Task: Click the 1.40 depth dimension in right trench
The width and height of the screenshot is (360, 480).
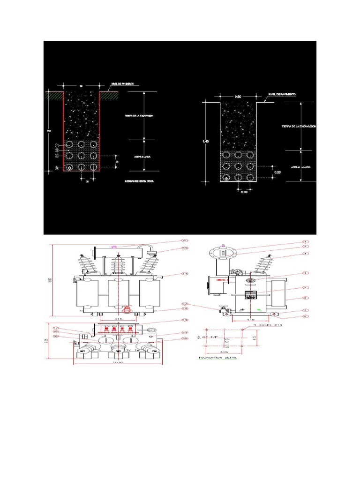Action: point(206,141)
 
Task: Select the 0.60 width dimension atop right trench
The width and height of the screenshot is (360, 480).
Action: point(238,97)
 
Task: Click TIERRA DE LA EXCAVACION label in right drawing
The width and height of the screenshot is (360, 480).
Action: point(299,127)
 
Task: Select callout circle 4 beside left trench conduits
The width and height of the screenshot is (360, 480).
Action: point(57,156)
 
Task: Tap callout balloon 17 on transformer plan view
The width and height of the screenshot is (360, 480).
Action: point(55,328)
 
